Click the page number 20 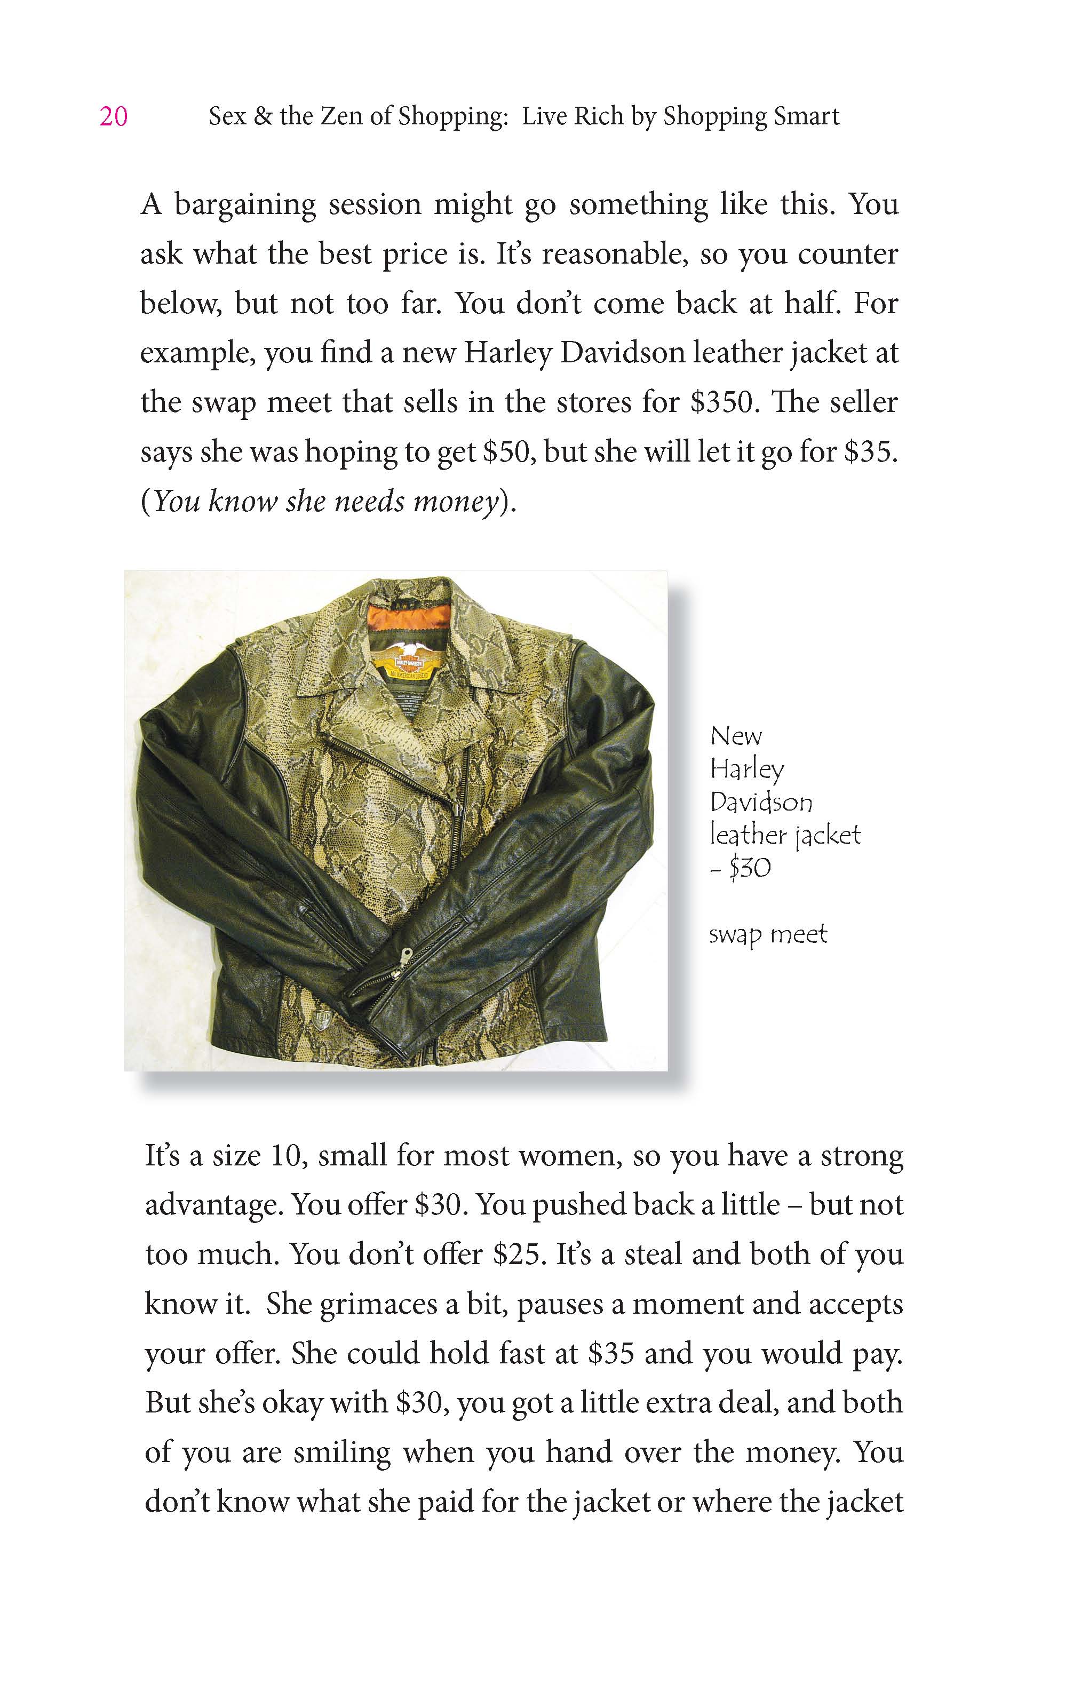click(113, 117)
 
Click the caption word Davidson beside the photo click(761, 802)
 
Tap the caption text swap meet click(767, 934)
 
